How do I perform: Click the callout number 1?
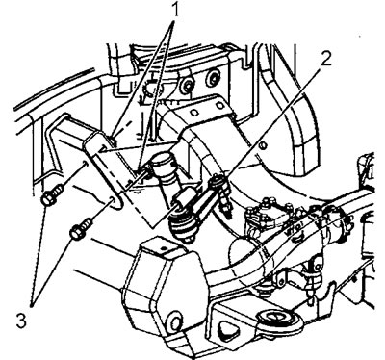pyautogui.click(x=175, y=11)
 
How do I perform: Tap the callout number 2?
pyautogui.click(x=325, y=58)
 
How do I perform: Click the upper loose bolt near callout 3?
pyautogui.click(x=52, y=195)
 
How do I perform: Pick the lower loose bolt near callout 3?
pyautogui.click(x=82, y=228)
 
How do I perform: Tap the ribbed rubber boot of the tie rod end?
pyautogui.click(x=182, y=226)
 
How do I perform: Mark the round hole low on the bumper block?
pyautogui.click(x=174, y=321)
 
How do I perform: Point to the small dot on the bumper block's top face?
pyautogui.click(x=165, y=247)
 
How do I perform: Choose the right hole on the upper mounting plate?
pyautogui.click(x=219, y=105)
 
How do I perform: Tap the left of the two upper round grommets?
pyautogui.click(x=188, y=84)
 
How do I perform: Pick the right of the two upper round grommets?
pyautogui.click(x=212, y=77)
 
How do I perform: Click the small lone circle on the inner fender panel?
pyautogui.click(x=263, y=146)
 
